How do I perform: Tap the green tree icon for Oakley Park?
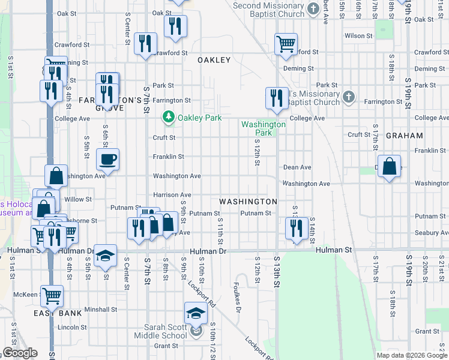[x=169, y=118]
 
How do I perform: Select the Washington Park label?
[x=264, y=128]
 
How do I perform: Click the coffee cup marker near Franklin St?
[x=108, y=160]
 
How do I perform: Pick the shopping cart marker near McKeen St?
[x=52, y=295]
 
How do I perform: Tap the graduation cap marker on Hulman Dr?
[x=105, y=256]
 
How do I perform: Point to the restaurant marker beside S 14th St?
[x=296, y=228]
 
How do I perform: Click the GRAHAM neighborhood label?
[x=404, y=136]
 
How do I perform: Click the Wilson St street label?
[x=358, y=36]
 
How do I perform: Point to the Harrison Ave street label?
[x=172, y=195]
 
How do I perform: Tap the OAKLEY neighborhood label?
[x=214, y=60]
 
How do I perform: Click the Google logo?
[x=20, y=353]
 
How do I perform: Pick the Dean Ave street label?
[x=297, y=167]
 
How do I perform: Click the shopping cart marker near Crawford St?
[x=286, y=43]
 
